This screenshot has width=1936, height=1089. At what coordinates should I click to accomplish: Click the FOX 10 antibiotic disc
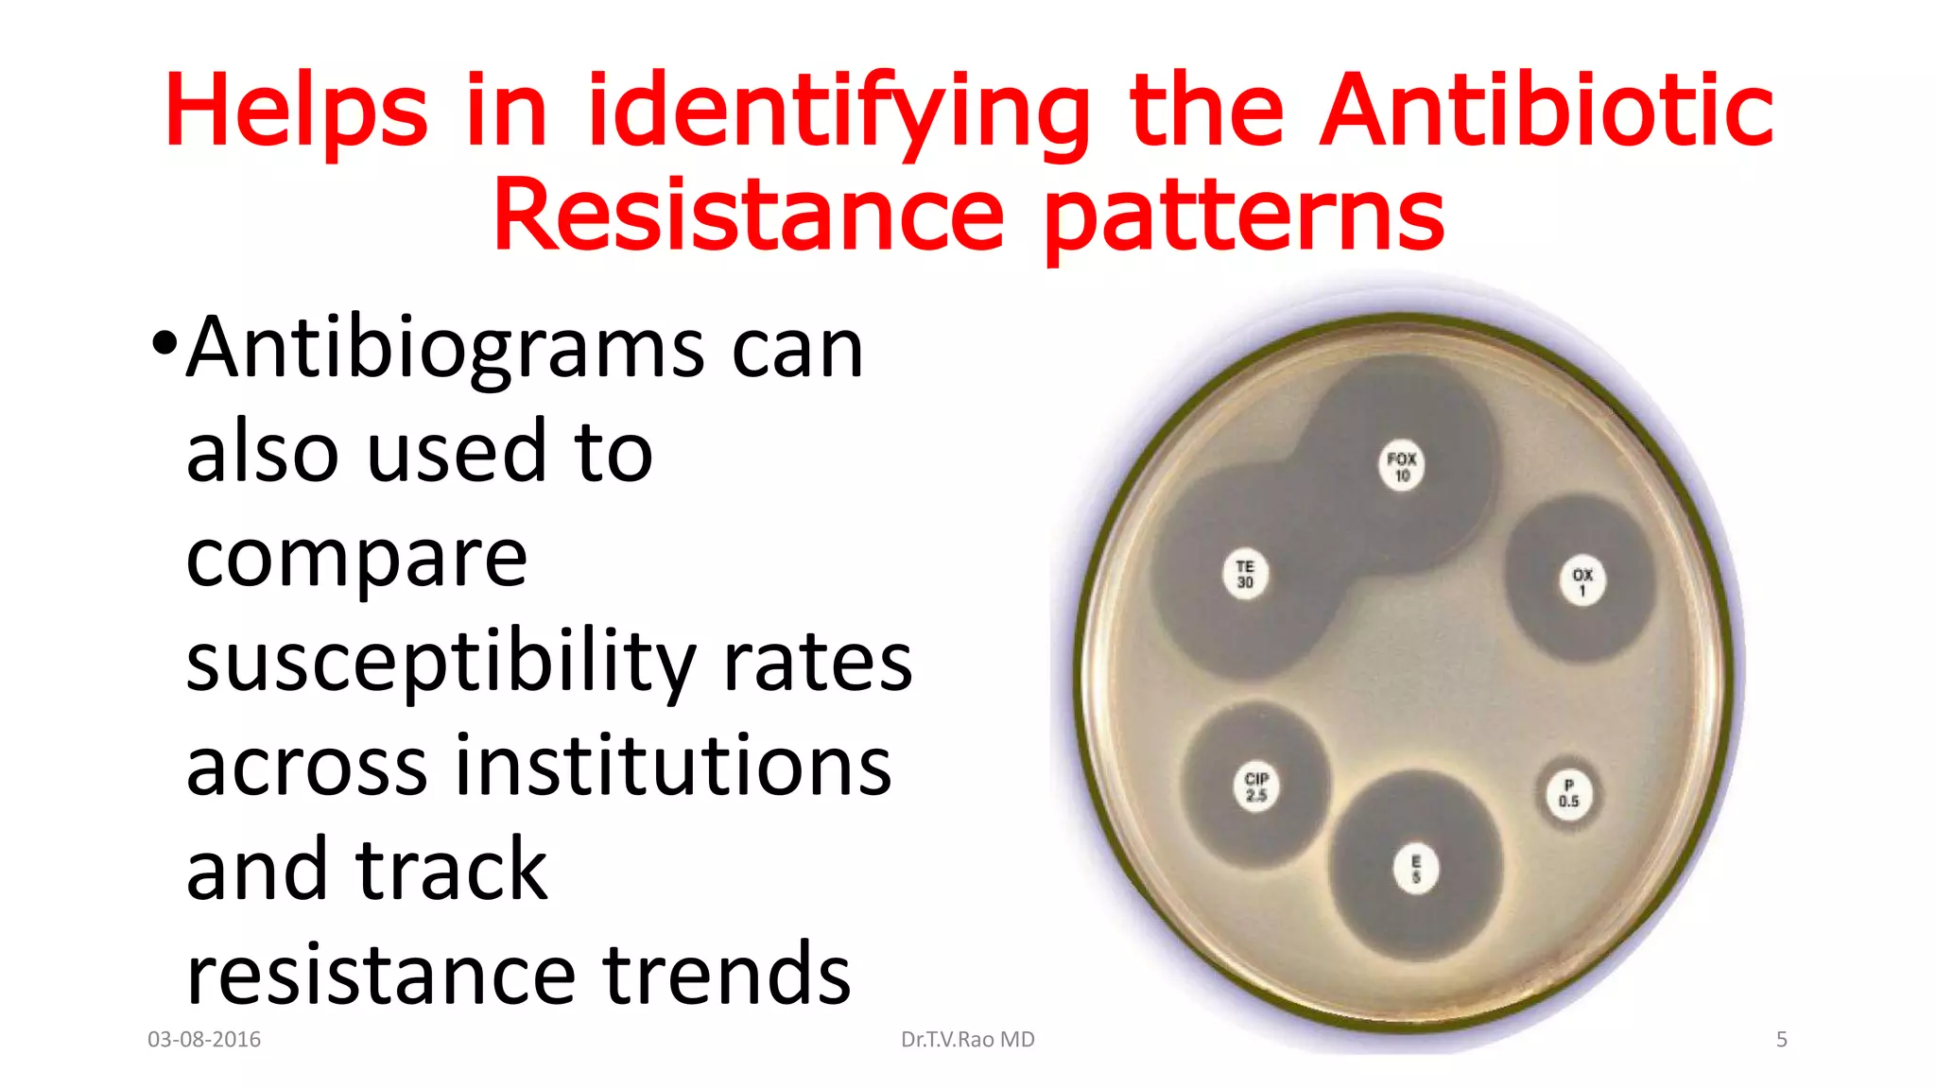[1401, 466]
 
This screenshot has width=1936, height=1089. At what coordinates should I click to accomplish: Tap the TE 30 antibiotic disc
[1245, 574]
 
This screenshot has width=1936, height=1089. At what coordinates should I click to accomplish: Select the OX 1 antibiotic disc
[1582, 581]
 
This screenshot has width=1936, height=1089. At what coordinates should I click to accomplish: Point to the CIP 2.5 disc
[1256, 786]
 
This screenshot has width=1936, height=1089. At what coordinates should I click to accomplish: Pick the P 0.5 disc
[1568, 793]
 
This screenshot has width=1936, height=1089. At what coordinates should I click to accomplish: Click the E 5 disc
[1415, 869]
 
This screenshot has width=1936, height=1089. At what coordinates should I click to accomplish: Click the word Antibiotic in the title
[1547, 112]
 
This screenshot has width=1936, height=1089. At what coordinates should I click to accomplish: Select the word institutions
[673, 766]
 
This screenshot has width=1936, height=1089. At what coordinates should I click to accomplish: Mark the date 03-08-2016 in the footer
[204, 1040]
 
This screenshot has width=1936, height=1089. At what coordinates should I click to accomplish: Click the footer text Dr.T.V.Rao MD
[967, 1040]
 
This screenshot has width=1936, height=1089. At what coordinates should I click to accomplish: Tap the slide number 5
[1781, 1040]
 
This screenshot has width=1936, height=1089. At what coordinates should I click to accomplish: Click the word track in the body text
[451, 870]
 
